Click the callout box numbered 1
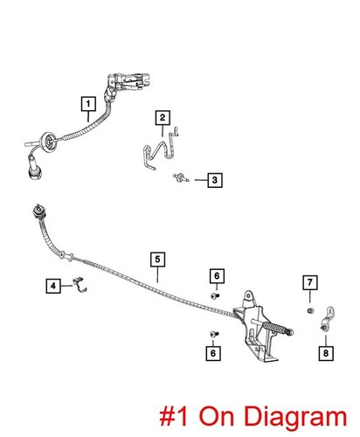tap(88, 104)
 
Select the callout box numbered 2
tap(163, 118)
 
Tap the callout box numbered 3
tap(215, 180)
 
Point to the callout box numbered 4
tap(53, 286)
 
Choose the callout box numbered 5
tap(158, 260)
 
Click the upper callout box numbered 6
tap(217, 275)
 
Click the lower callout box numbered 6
tap(213, 353)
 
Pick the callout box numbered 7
tap(310, 282)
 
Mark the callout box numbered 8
tap(326, 353)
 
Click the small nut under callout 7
tap(310, 310)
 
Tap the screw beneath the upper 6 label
tap(215, 296)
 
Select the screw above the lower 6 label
tap(214, 334)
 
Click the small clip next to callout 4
tap(80, 285)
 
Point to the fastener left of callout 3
tap(181, 177)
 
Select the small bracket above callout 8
tap(328, 319)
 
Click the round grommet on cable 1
tap(48, 142)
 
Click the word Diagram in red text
tap(273, 417)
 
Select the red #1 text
tap(174, 416)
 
